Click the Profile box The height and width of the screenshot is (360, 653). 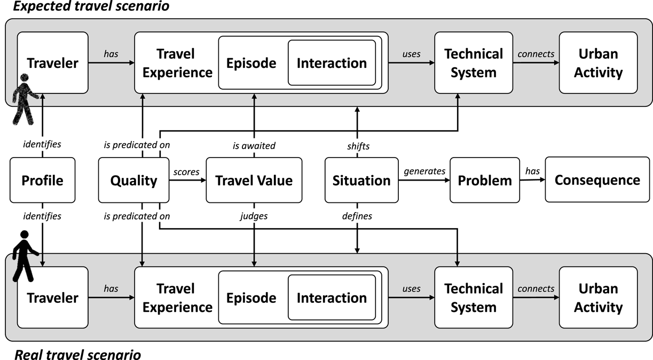[x=42, y=181]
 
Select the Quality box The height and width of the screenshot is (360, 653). [x=133, y=181]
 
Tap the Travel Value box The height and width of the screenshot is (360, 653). [x=254, y=181]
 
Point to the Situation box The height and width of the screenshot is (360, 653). [x=361, y=181]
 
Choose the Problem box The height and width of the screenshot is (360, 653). [x=484, y=181]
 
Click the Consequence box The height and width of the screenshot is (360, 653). [x=597, y=180]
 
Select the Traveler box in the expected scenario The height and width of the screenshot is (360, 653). [x=52, y=63]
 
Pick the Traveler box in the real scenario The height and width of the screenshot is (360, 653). [x=52, y=298]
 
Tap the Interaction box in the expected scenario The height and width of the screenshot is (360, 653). [x=332, y=63]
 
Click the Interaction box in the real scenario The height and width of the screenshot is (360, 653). [x=332, y=298]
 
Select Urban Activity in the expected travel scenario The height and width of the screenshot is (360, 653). [x=598, y=63]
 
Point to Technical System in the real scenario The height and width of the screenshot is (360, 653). [x=474, y=298]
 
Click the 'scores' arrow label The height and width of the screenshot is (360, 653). [x=186, y=172]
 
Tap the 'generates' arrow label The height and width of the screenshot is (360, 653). [x=424, y=171]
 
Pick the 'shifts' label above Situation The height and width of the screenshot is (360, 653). [x=358, y=146]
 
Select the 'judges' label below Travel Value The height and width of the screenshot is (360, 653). [x=254, y=216]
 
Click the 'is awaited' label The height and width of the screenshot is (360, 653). [x=254, y=146]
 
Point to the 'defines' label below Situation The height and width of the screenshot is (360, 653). [x=357, y=216]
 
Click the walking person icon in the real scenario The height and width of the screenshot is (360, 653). [x=24, y=256]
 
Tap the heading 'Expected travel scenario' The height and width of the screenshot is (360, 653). [x=84, y=7]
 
